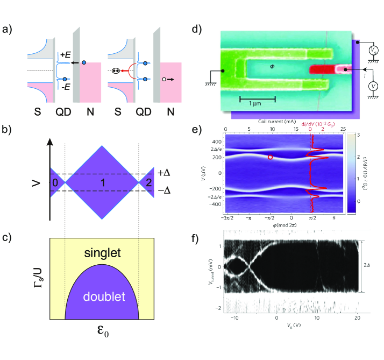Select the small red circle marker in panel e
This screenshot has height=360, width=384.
[x=270, y=157]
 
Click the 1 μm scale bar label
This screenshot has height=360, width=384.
[x=257, y=105]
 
